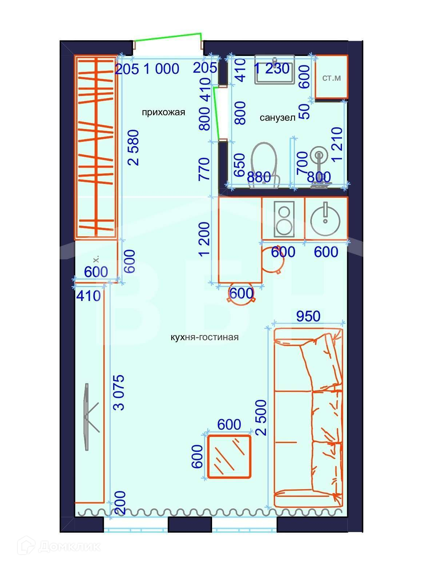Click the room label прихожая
point(163,112)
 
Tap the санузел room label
point(277,118)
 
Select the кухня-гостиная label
point(204,337)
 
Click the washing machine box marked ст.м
point(331,77)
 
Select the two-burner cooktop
point(284,219)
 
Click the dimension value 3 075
point(120,393)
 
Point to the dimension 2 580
point(134,148)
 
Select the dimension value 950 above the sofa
point(308,316)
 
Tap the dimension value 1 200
point(204,239)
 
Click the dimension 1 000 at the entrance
point(161,69)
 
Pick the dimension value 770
point(204,169)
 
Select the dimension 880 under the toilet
point(259,177)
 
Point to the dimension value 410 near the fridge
point(88,296)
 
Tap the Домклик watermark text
point(69,547)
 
